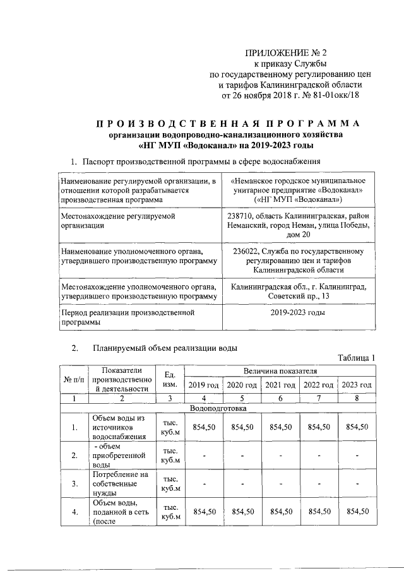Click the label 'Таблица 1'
[356, 358]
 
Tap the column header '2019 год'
[203, 385]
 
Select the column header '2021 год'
[280, 385]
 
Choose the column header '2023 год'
[357, 385]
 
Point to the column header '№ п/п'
[74, 379]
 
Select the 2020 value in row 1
[242, 427]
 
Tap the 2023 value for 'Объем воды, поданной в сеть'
[357, 511]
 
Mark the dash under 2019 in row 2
[204, 456]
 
